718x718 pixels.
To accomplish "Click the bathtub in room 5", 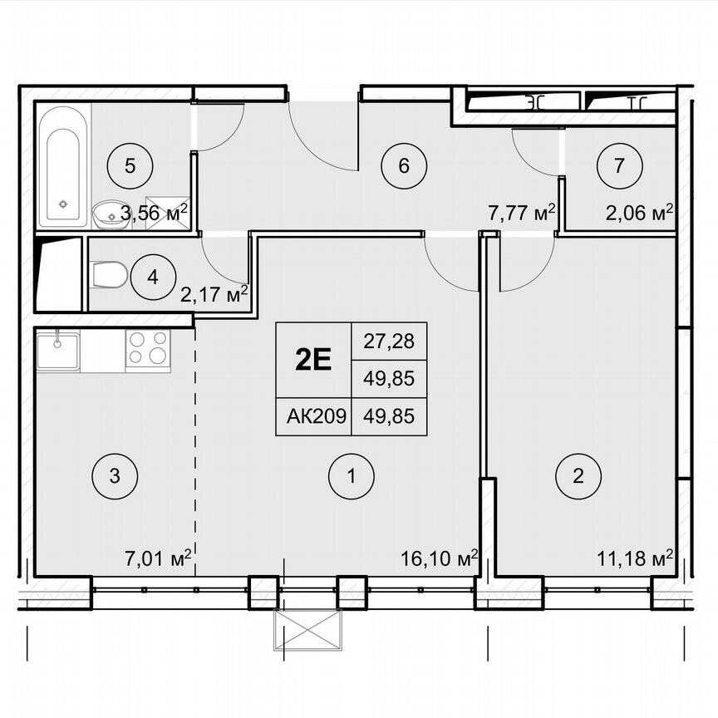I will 62,165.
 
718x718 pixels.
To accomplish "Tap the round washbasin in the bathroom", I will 106,214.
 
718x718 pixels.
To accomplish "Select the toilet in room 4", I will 108,274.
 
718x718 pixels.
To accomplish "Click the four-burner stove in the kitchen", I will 148,350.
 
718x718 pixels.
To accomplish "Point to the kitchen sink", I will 57,350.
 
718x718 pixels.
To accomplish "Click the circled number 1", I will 352,476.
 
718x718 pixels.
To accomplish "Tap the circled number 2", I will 579,476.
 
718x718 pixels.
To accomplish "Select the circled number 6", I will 403,165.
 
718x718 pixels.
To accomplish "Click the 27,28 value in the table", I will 390,341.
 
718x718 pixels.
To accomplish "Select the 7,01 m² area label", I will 163,556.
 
